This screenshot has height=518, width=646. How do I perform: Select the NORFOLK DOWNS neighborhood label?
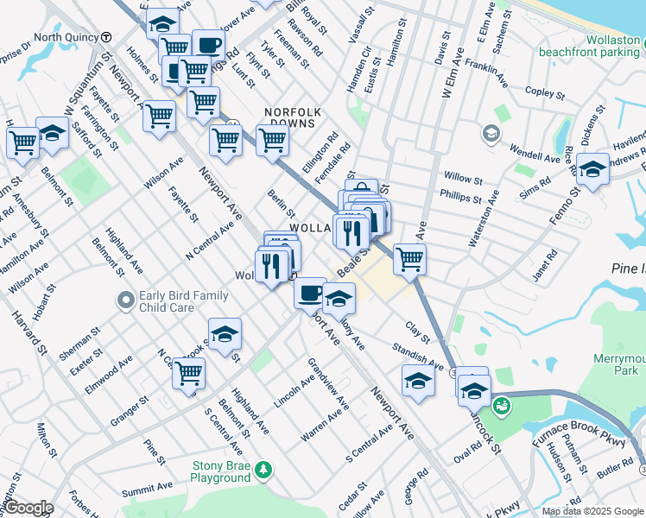(x=293, y=118)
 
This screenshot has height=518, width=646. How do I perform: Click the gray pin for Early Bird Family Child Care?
(x=126, y=301)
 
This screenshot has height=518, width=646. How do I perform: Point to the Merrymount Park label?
(x=619, y=364)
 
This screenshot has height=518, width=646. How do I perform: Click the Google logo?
(x=28, y=508)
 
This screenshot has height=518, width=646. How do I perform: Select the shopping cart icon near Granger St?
(x=188, y=375)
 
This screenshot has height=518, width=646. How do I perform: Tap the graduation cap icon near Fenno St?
(x=592, y=169)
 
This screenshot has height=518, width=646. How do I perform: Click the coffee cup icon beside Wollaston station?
(x=310, y=292)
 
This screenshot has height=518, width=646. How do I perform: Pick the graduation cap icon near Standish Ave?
(x=418, y=381)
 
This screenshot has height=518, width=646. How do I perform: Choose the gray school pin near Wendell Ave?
(x=491, y=134)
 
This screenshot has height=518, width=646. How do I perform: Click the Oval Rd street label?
(x=466, y=452)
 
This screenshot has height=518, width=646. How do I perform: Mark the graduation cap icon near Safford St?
(x=53, y=134)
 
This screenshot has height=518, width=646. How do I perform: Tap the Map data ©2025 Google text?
(x=592, y=511)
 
